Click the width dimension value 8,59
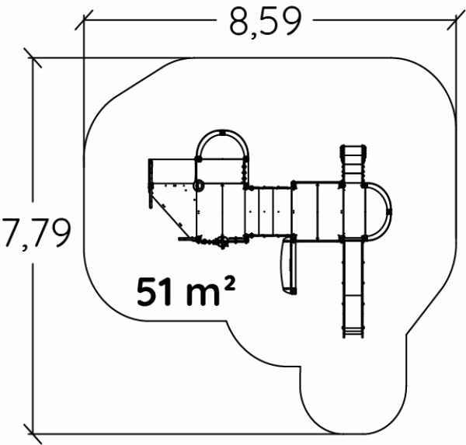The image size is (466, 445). pos(266,22)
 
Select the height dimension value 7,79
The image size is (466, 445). pos(37,233)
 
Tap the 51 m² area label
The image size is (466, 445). pos(186,291)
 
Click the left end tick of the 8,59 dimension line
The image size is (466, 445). pos(84,20)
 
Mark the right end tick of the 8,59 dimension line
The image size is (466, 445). pos(456,20)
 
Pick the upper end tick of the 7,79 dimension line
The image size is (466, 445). pos(33,57)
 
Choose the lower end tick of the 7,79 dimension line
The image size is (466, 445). pos(33,434)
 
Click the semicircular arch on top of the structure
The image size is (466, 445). pos(222,132)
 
